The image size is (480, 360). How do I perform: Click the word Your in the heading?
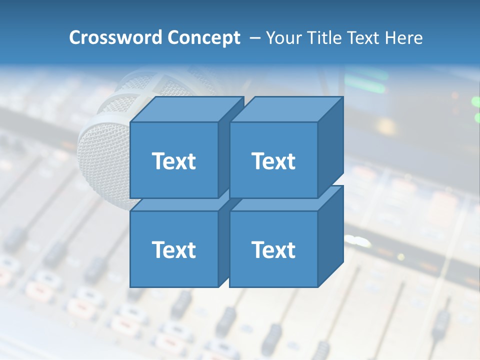click(283, 37)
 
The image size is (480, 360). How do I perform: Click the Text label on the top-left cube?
click(173, 161)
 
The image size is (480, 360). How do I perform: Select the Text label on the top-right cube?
click(273, 161)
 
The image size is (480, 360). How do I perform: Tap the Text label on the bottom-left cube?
click(173, 249)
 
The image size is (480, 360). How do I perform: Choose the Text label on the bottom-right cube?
click(273, 249)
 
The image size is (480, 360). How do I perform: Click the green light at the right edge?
click(475, 102)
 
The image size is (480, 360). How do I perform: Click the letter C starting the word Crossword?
click(75, 37)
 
